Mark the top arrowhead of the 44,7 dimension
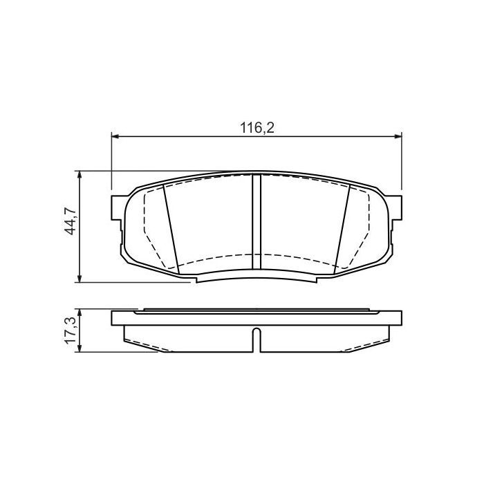click(x=82, y=175)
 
